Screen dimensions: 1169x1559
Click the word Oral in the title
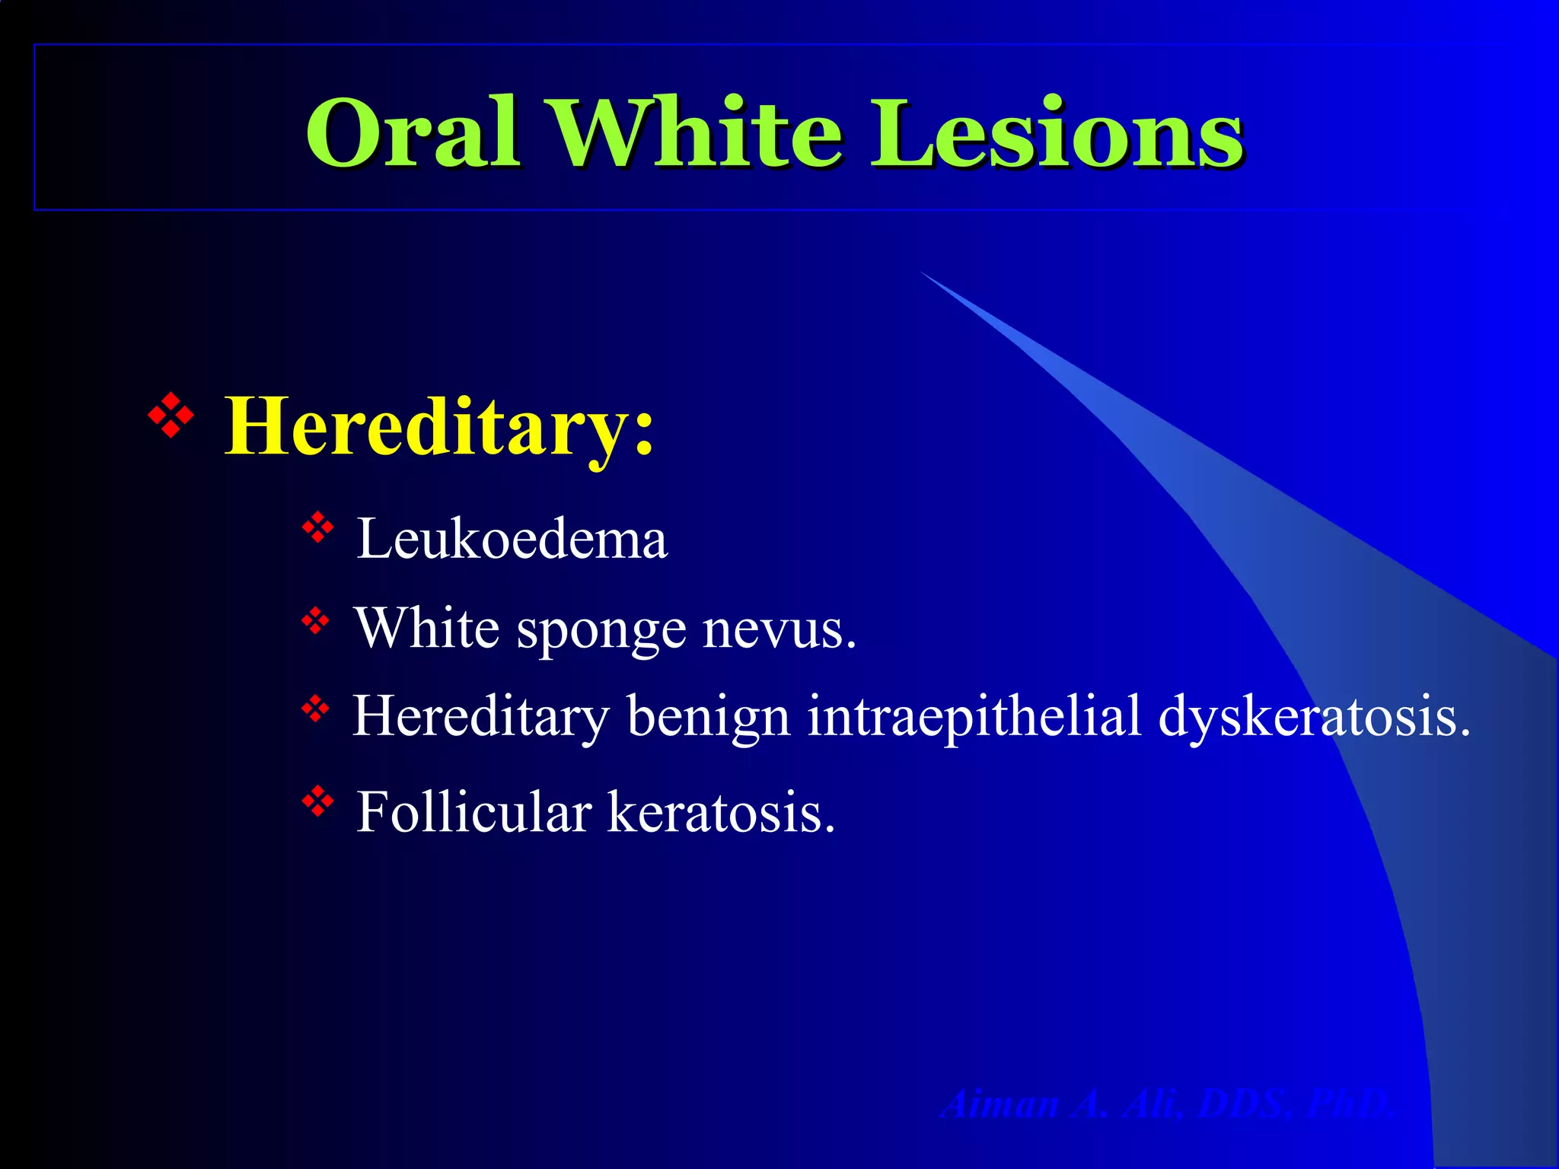click(x=413, y=133)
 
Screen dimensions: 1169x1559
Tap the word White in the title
click(x=697, y=133)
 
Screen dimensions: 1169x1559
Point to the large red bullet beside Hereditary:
click(x=171, y=415)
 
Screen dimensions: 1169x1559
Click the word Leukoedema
click(x=512, y=539)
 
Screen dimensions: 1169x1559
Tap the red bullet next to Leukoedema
click(x=318, y=527)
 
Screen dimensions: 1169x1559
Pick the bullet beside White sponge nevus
click(x=315, y=620)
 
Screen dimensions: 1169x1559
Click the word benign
click(x=708, y=716)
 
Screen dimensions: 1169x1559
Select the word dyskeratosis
click(x=1314, y=716)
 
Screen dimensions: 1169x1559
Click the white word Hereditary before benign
click(x=481, y=716)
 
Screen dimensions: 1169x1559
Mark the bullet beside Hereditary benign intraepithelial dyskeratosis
click(x=315, y=709)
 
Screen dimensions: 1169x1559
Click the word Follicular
click(x=474, y=812)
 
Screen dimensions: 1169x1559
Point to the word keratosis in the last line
click(x=720, y=812)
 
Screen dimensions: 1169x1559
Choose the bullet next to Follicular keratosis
click(x=318, y=800)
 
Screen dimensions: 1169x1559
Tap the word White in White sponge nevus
click(x=427, y=629)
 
